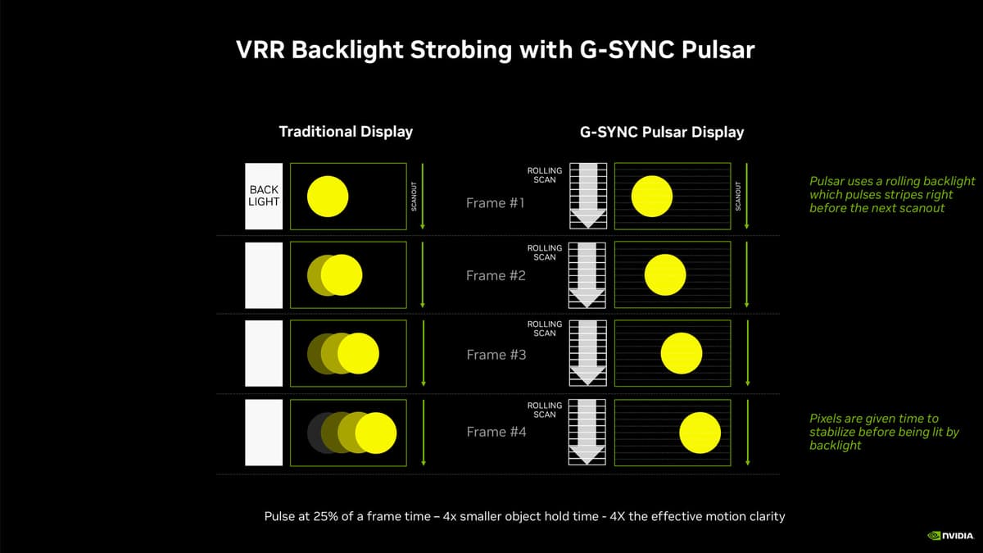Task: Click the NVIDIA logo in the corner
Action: (950, 536)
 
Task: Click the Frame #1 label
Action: (495, 203)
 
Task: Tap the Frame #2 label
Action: (496, 275)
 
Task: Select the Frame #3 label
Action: (496, 354)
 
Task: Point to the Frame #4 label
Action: (496, 432)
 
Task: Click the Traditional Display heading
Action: (346, 132)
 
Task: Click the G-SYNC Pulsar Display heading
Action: (662, 132)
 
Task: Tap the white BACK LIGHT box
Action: (264, 196)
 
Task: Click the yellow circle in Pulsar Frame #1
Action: (652, 196)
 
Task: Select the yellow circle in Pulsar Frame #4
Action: (700, 433)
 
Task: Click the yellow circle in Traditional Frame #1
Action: (328, 196)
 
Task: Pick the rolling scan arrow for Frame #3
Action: (587, 353)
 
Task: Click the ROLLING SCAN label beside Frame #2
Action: (545, 252)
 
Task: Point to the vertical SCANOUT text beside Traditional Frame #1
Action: (414, 196)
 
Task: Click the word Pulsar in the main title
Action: (718, 50)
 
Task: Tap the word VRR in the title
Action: (260, 50)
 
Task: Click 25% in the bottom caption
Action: (326, 516)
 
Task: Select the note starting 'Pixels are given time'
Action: (884, 432)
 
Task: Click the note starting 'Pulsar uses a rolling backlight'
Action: (892, 194)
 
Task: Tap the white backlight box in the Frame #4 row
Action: (264, 433)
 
